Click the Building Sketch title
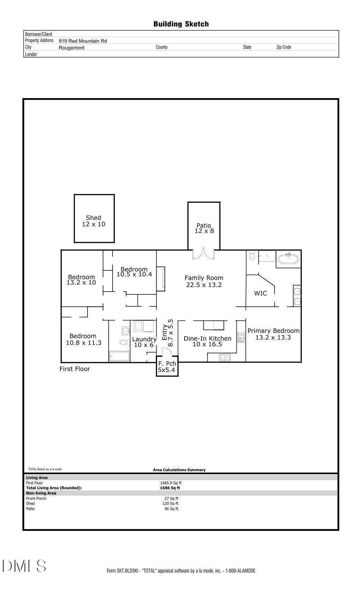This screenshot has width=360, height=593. click(181, 24)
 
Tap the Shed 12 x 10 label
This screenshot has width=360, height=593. click(94, 221)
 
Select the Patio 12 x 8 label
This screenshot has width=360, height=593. click(204, 228)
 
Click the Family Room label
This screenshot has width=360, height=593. click(204, 281)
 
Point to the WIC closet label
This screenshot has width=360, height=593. click(260, 293)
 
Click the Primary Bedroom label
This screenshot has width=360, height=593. click(273, 334)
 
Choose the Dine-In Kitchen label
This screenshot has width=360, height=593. click(208, 341)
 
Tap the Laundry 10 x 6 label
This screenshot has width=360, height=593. click(144, 342)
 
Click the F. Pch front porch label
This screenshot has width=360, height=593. click(167, 367)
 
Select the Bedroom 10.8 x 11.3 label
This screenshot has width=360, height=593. click(83, 339)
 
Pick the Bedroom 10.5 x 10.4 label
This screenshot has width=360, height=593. click(134, 272)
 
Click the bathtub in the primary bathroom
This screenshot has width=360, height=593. click(288, 259)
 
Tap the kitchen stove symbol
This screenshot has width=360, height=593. click(241, 337)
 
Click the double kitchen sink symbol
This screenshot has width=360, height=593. click(224, 358)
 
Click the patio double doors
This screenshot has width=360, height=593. click(203, 254)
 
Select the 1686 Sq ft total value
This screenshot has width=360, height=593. click(170, 488)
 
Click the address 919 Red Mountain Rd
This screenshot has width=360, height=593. click(83, 41)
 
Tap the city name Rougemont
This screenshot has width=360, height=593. click(71, 48)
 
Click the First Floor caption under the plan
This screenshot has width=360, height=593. click(75, 369)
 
